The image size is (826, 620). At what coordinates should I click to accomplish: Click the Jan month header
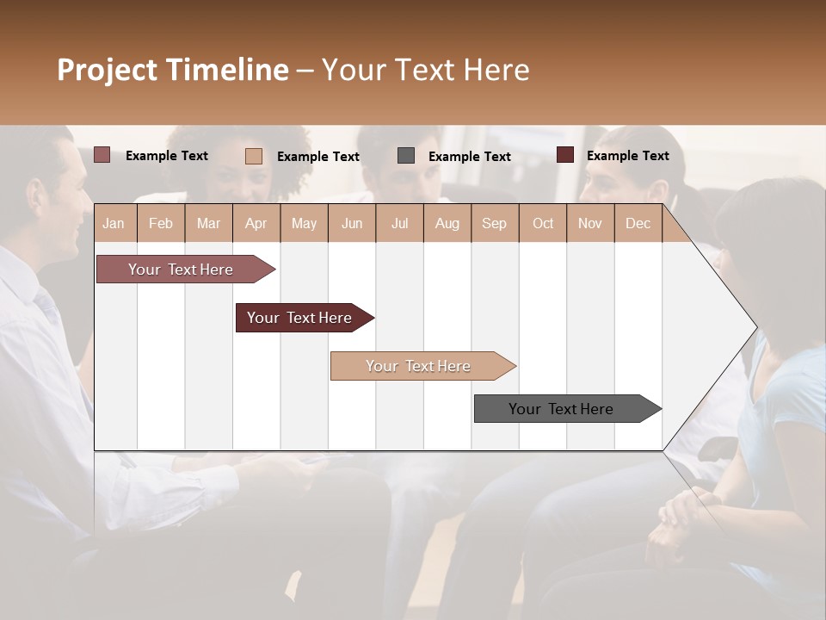[x=114, y=223]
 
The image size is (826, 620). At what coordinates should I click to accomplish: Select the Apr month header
[x=256, y=223]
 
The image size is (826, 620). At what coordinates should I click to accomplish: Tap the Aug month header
[x=447, y=223]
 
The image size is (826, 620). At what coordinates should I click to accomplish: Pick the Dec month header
[x=638, y=223]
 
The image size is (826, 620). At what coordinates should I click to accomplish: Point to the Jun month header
[x=351, y=223]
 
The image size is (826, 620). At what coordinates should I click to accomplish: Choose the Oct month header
[x=542, y=223]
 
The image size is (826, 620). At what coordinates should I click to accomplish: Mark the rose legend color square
[x=102, y=155]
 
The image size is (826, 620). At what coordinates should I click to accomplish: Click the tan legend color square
[x=253, y=156]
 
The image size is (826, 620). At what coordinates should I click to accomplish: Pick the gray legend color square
[x=405, y=156]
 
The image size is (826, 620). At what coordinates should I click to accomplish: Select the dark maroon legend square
[x=564, y=155]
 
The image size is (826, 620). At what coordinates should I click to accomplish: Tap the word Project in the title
[x=108, y=70]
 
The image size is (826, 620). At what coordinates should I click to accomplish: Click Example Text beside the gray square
[x=469, y=157]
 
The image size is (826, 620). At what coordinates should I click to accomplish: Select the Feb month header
[x=160, y=223]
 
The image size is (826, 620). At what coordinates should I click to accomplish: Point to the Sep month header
[x=494, y=223]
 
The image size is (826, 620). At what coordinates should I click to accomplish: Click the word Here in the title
[x=496, y=70]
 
